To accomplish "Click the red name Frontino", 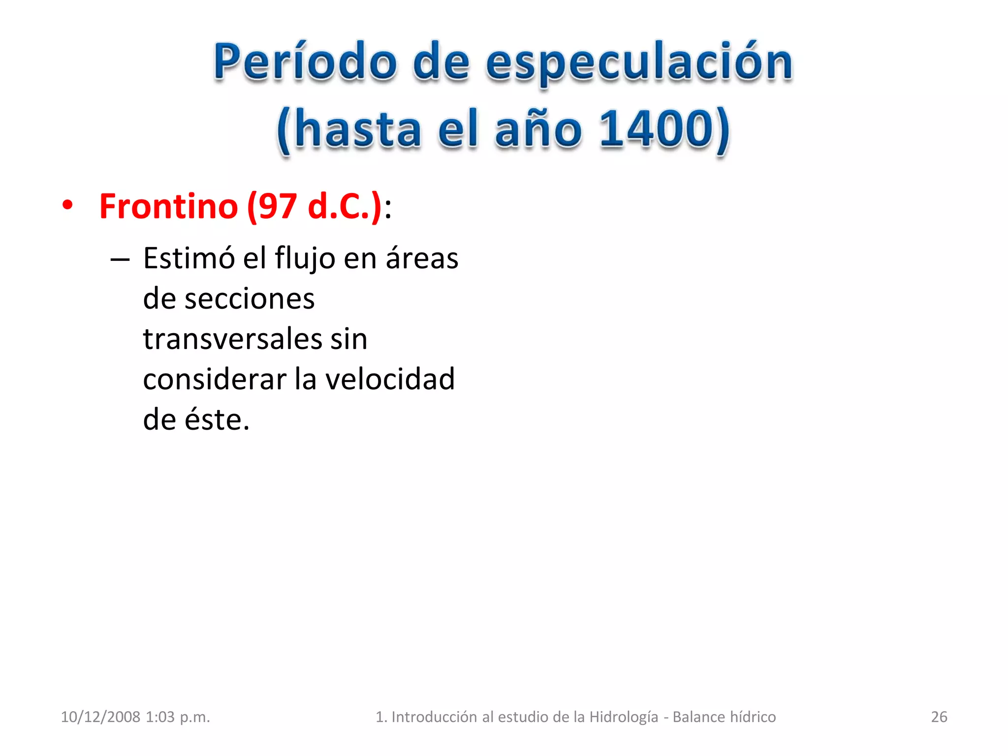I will click(168, 206).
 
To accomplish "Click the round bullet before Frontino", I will click(67, 206).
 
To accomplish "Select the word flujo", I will click(305, 258).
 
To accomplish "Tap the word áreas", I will click(422, 258).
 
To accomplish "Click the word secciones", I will click(249, 299).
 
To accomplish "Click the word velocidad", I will click(390, 379).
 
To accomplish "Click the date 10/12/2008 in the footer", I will click(100, 717).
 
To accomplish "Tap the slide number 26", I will click(939, 717).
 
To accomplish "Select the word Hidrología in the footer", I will click(624, 717).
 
